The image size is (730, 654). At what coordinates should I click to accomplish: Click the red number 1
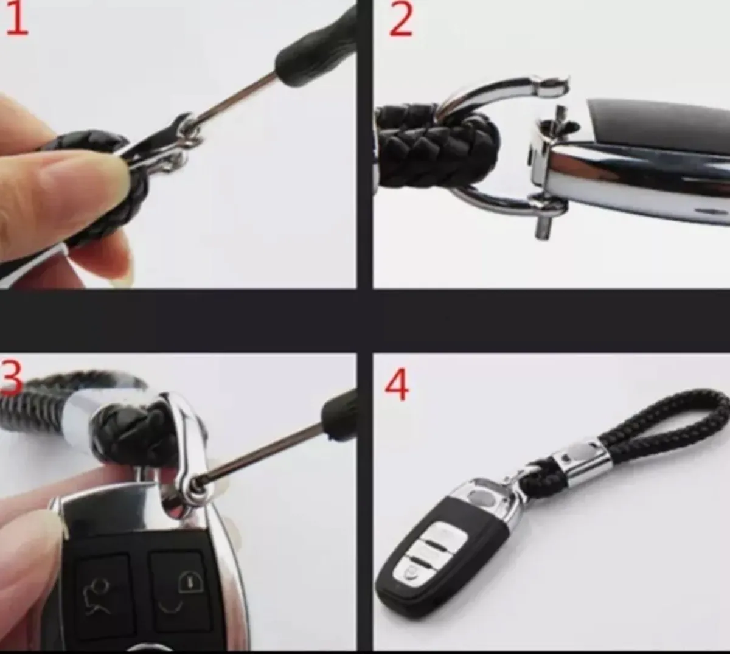coord(16,19)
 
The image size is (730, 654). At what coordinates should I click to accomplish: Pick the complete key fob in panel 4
coord(450,529)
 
